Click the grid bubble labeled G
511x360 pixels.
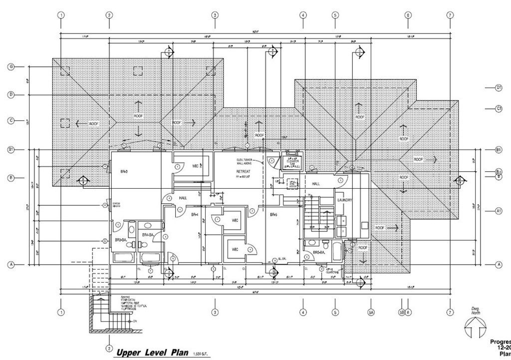pyautogui.click(x=10, y=66)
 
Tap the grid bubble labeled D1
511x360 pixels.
pyautogui.click(x=498, y=88)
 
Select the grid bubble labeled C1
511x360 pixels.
pyautogui.click(x=498, y=108)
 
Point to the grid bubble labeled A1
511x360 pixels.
pyautogui.click(x=498, y=211)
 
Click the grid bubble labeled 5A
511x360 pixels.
pyautogui.click(x=371, y=314)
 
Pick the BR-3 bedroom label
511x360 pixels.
pyautogui.click(x=124, y=171)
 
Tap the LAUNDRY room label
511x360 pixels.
pyautogui.click(x=345, y=201)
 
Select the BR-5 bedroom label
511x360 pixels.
pyautogui.click(x=273, y=215)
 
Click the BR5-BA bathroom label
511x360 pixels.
pyautogui.click(x=319, y=253)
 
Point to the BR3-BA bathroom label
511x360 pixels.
pyautogui.click(x=122, y=240)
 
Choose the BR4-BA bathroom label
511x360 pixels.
pyautogui.click(x=147, y=235)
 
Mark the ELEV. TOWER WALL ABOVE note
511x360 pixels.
pyautogui.click(x=245, y=161)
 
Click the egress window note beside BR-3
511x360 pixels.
pyautogui.click(x=116, y=204)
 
